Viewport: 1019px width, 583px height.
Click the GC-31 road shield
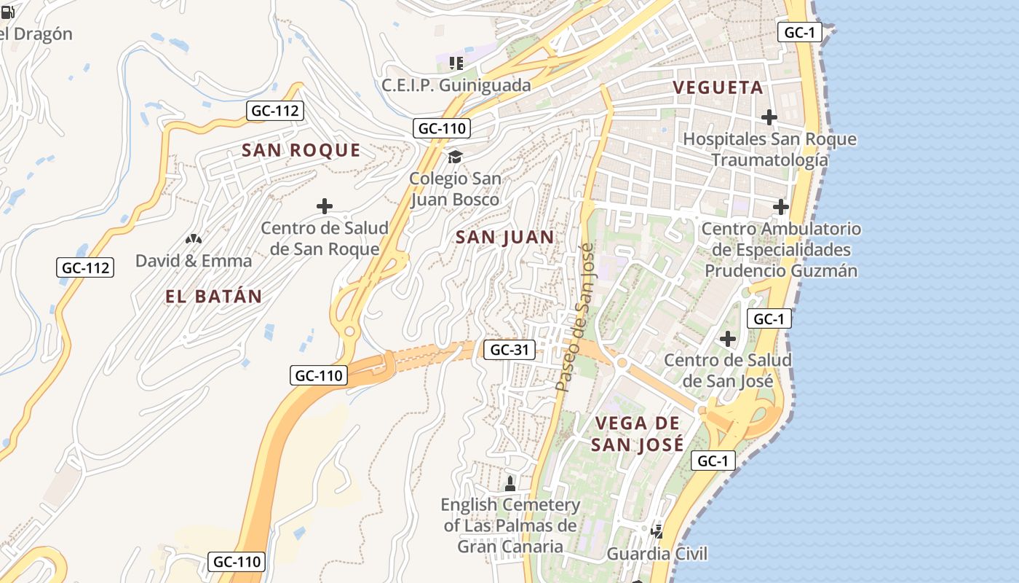pyautogui.click(x=509, y=350)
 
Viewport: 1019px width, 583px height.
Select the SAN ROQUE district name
pyautogui.click(x=301, y=150)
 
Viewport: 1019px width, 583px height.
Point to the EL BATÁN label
pyautogui.click(x=213, y=297)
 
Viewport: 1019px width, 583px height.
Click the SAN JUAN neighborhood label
pyautogui.click(x=504, y=237)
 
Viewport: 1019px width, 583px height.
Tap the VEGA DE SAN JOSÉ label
pyautogui.click(x=637, y=434)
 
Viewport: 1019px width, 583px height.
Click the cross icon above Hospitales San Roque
pyautogui.click(x=769, y=117)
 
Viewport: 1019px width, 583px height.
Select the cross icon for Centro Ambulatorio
pyautogui.click(x=780, y=207)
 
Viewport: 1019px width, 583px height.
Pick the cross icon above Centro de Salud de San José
pyautogui.click(x=727, y=339)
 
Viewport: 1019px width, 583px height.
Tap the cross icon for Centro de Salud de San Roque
pyautogui.click(x=325, y=206)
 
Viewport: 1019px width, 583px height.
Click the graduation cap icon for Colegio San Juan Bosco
pyautogui.click(x=455, y=157)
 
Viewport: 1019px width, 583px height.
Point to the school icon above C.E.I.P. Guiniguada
pyautogui.click(x=456, y=63)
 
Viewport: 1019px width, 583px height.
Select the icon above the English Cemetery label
pyautogui.click(x=510, y=482)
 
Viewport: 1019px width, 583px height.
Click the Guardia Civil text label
pyautogui.click(x=657, y=554)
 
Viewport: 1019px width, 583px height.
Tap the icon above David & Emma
pyautogui.click(x=193, y=238)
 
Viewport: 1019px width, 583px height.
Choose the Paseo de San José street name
pyautogui.click(x=574, y=318)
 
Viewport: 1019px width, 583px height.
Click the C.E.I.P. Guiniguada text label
pyautogui.click(x=456, y=85)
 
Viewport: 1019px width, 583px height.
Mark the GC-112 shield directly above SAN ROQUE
pyautogui.click(x=275, y=111)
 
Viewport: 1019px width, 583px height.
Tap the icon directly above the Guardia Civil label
pyautogui.click(x=657, y=531)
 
